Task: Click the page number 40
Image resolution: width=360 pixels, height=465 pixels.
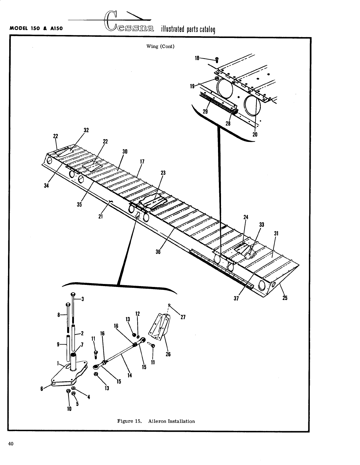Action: (11, 444)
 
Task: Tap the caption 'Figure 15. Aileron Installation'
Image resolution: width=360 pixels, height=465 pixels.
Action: (156, 421)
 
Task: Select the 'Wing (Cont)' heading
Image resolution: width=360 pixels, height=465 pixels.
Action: (160, 47)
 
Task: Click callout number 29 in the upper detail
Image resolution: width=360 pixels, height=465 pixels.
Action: (205, 112)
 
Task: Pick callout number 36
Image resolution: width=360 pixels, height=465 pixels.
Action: (158, 251)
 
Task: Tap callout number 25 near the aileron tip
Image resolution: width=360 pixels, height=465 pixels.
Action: (285, 298)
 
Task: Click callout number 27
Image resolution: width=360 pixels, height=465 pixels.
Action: (183, 317)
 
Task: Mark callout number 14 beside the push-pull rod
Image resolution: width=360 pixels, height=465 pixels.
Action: (130, 375)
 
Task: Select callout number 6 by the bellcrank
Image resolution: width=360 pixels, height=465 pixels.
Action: (42, 388)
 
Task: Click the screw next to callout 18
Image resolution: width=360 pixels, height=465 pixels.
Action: (217, 60)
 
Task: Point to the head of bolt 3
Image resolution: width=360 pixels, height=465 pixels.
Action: (73, 294)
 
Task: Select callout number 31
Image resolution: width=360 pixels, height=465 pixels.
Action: (276, 234)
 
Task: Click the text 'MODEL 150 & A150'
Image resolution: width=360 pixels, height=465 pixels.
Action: (37, 29)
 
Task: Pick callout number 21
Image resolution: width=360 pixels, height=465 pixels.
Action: (100, 216)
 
